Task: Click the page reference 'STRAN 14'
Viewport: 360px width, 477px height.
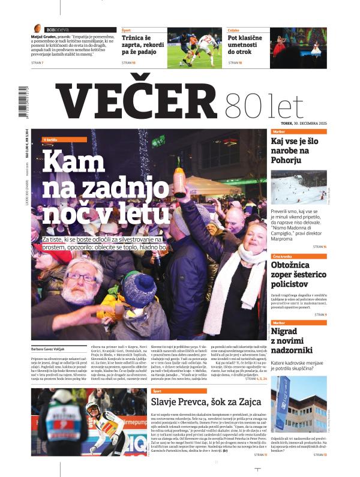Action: coord(319,247)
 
